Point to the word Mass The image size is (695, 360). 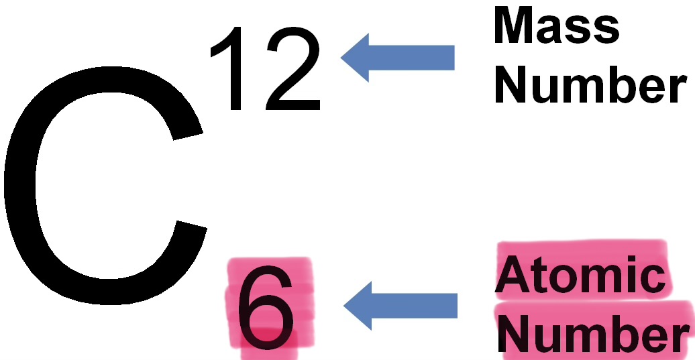(556, 28)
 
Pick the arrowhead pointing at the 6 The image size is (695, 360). (360, 306)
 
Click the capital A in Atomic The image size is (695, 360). (513, 276)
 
